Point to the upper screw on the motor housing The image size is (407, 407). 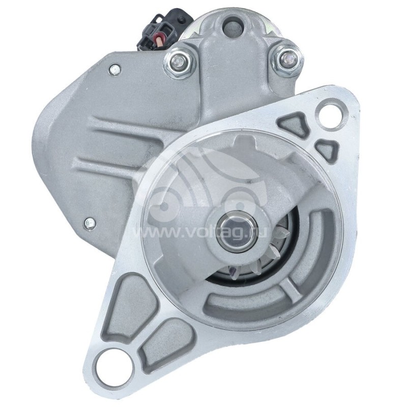click(115, 70)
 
